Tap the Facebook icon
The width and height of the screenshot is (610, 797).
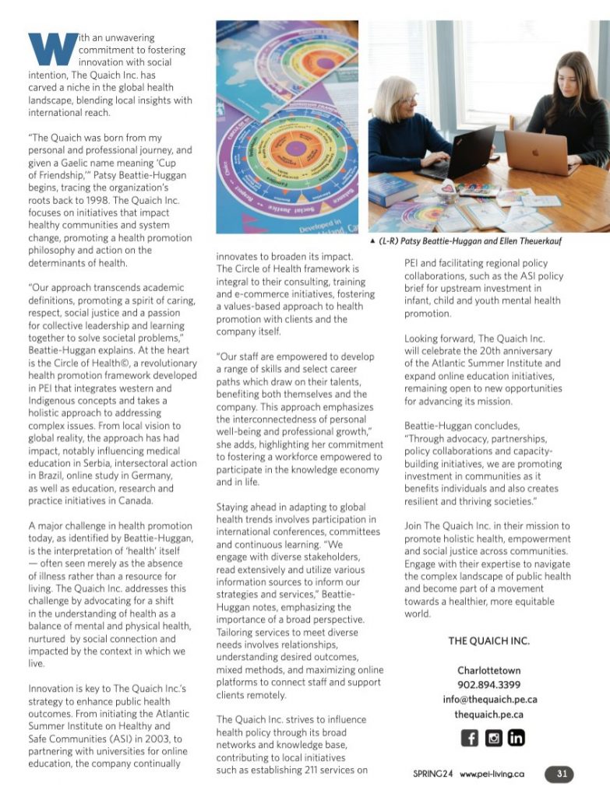(470, 738)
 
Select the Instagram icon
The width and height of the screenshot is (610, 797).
(493, 738)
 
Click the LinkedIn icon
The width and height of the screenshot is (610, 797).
(516, 738)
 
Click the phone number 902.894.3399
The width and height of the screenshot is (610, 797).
(488, 685)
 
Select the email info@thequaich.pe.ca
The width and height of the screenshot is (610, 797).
(489, 700)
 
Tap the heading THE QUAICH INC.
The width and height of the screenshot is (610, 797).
(488, 641)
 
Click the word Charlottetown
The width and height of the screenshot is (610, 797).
(488, 670)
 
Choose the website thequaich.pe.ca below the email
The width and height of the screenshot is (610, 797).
(488, 714)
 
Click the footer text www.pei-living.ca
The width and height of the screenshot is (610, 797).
(492, 775)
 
